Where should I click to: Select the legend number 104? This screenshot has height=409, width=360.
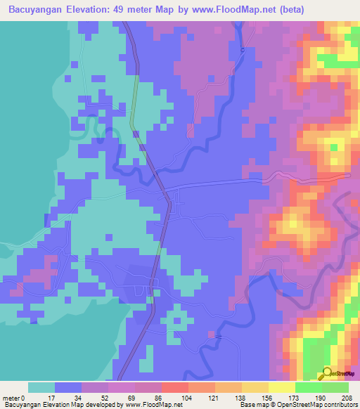coord(186,398)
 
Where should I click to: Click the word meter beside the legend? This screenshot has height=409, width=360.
coord(11,398)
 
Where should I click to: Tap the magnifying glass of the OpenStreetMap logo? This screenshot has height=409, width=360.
coord(326,372)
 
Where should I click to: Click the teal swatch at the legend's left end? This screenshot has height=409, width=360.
coord(41,387)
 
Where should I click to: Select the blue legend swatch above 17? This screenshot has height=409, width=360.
coord(68,387)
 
